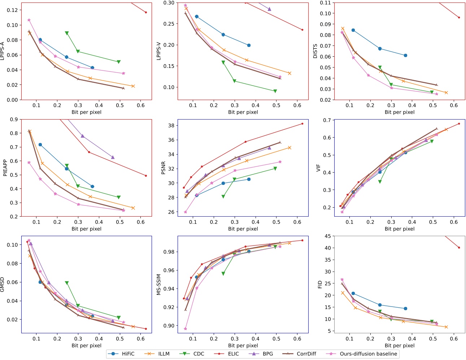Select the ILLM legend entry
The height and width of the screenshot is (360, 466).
[x=164, y=354]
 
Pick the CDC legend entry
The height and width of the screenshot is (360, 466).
[x=199, y=354]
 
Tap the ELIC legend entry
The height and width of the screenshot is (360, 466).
[x=233, y=354]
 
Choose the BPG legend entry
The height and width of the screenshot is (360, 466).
[x=267, y=354]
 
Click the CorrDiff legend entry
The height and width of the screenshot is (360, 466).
[x=306, y=354]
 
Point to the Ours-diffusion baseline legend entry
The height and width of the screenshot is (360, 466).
[x=368, y=354]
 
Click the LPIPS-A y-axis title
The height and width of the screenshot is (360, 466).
[x=3, y=51]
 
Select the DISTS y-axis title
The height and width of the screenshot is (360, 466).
[x=315, y=51]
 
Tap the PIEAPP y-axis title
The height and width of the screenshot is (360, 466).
[x=5, y=168]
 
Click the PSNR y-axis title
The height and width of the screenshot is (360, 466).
[x=163, y=168]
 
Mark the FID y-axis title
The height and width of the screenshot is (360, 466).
[x=320, y=285]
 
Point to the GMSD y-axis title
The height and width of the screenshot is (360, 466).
[x=3, y=285]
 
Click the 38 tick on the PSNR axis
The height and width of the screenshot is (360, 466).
[x=171, y=126]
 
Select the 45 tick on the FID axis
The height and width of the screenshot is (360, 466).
[x=328, y=236]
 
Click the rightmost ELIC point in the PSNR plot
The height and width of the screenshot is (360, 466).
[x=302, y=123]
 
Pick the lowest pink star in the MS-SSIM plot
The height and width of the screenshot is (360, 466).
[x=186, y=329]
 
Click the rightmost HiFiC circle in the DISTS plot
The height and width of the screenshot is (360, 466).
[x=405, y=55]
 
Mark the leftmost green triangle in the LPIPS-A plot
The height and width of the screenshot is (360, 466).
[x=67, y=33]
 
